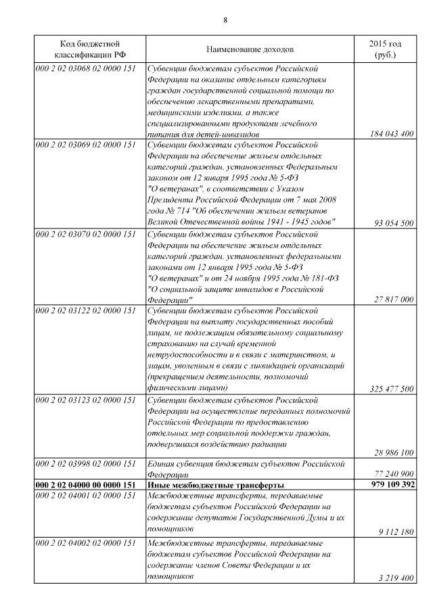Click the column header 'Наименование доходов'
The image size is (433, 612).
coord(250,49)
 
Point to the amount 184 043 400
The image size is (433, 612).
coord(392,135)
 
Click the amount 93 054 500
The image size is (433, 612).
coord(394,222)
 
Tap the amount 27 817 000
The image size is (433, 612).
coord(394,299)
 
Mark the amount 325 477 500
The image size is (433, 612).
coord(392,389)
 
